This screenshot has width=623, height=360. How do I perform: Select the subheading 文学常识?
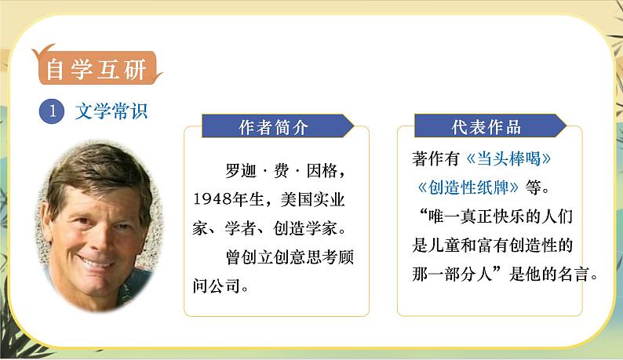click(111, 111)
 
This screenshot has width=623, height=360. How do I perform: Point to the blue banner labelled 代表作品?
click(486, 127)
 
